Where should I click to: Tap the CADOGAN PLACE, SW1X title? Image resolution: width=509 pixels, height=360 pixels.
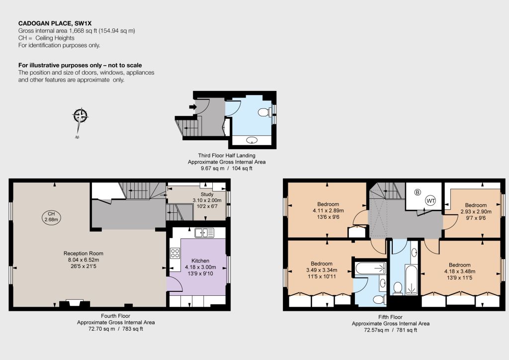click(55, 23)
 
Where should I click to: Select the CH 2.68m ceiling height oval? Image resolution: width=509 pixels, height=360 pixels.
click(51, 217)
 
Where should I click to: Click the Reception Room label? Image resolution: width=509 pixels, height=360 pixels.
click(84, 254)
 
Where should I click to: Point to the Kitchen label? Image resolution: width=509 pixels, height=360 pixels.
click(200, 261)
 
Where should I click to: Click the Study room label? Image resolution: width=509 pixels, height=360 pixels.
click(207, 194)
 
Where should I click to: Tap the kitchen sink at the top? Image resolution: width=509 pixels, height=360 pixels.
click(204, 233)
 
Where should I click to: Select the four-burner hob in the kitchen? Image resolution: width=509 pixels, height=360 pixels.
click(175, 253)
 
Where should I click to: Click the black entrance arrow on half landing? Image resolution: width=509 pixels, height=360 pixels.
click(193, 107)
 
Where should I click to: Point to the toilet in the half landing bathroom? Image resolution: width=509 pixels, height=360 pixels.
click(264, 112)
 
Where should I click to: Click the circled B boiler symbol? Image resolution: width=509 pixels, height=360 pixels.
click(418, 192)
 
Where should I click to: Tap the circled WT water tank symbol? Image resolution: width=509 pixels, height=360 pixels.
click(431, 200)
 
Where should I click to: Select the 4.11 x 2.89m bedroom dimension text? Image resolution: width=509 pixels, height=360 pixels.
click(328, 210)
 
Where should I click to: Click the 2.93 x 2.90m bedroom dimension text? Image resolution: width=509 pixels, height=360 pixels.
click(476, 211)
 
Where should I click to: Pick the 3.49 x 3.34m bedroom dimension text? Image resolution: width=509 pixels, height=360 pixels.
click(322, 270)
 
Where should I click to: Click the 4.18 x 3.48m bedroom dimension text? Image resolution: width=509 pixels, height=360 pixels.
click(460, 271)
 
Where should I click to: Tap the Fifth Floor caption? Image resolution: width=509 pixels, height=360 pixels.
click(390, 317)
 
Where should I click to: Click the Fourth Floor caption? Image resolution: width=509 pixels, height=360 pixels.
click(115, 316)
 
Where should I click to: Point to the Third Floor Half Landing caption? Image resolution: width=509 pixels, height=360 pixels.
click(227, 156)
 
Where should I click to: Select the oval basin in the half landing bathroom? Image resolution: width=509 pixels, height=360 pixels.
click(252, 140)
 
